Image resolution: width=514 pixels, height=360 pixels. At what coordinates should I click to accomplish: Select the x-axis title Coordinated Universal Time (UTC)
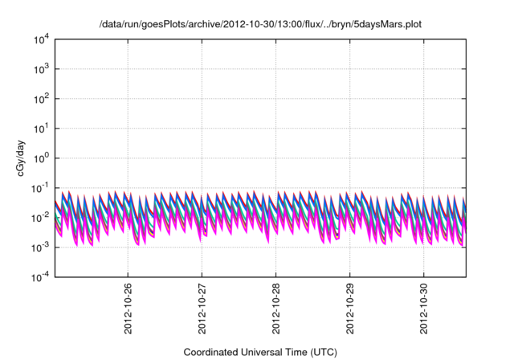point(260,352)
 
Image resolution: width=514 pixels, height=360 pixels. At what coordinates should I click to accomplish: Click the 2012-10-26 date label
point(128,308)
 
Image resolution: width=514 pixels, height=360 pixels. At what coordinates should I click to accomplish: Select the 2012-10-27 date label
point(202,308)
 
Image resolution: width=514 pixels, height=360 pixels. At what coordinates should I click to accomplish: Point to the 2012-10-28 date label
point(276,308)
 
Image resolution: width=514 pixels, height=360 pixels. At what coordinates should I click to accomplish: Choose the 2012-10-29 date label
point(350,308)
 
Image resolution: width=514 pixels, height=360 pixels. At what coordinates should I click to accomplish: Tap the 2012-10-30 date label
point(425,308)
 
